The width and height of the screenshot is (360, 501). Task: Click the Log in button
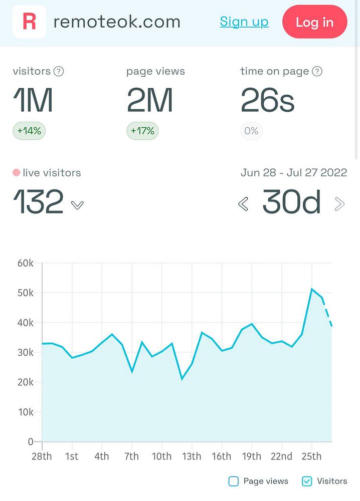click(314, 22)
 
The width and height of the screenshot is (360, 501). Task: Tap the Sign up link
click(244, 22)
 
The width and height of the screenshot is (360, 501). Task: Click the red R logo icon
click(30, 22)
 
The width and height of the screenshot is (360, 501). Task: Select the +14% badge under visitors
click(29, 131)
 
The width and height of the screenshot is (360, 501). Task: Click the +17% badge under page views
click(143, 131)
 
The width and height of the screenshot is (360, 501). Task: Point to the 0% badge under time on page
click(251, 131)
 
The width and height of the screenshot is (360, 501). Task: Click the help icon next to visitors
click(59, 71)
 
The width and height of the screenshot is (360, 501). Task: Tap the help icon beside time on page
click(317, 71)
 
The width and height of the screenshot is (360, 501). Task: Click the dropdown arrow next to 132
click(77, 205)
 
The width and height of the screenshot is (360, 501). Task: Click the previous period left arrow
click(243, 204)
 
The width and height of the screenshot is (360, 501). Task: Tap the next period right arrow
click(339, 204)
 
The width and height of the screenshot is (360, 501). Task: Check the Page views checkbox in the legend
click(234, 481)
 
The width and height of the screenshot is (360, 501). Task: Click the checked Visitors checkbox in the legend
click(307, 481)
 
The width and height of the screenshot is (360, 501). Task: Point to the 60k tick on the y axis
click(25, 263)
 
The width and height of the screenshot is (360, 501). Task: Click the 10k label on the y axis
click(25, 412)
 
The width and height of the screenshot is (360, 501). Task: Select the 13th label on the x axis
click(192, 456)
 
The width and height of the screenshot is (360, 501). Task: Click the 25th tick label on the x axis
click(311, 456)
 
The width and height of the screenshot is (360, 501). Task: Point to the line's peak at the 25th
click(312, 289)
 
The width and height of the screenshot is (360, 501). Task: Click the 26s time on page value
click(267, 100)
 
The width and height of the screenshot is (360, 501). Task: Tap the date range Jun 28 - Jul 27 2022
click(294, 173)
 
